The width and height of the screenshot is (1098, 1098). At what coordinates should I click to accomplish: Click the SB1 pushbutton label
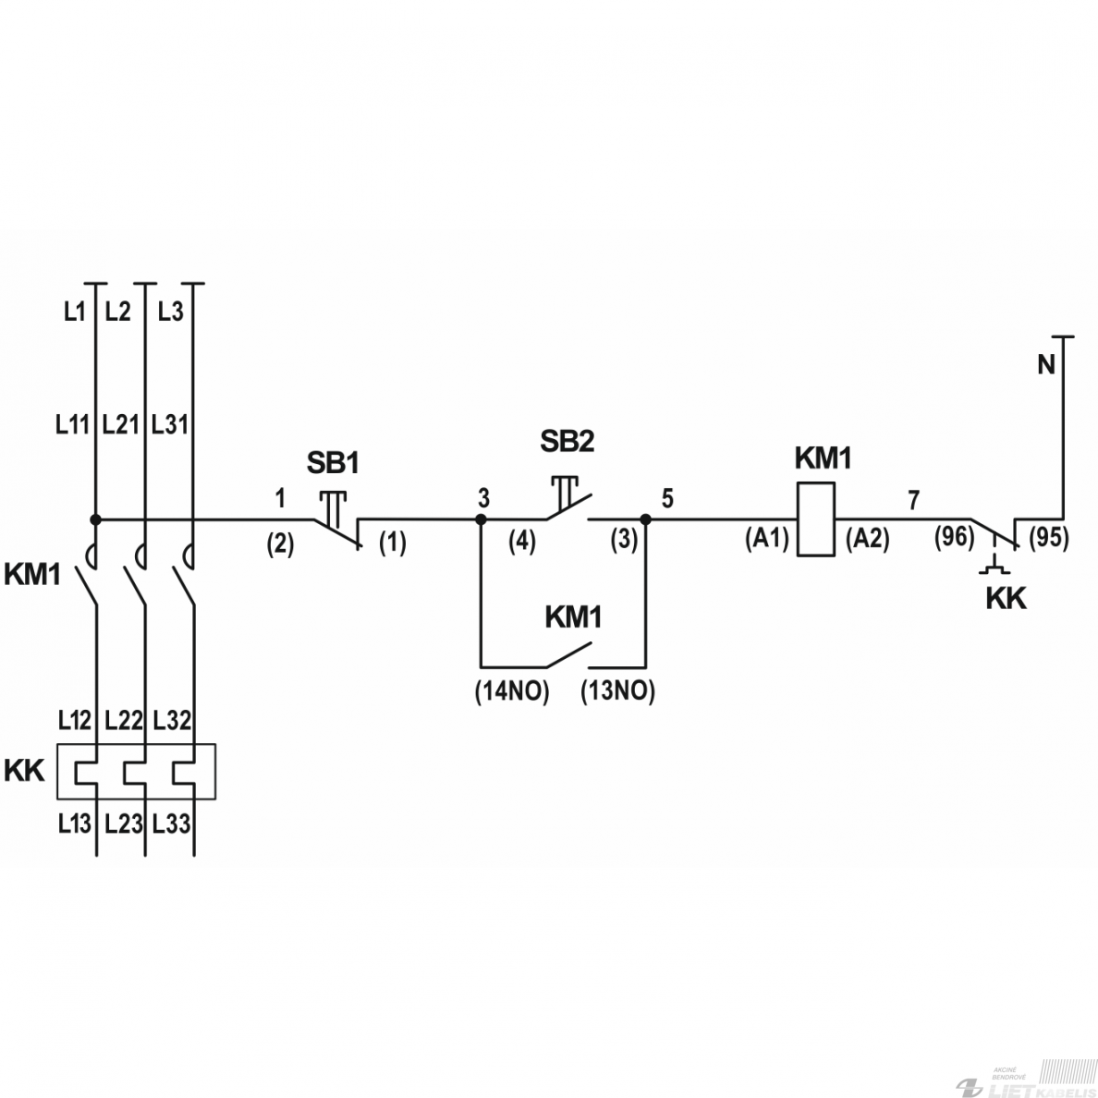pos(333,463)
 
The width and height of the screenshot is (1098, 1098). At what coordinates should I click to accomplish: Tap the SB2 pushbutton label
pos(567,441)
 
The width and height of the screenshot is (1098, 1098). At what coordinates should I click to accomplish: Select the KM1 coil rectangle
pos(816,518)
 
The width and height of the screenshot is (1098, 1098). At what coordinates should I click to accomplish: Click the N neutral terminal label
pos(1045,364)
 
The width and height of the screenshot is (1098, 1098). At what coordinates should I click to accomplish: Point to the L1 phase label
pos(74,311)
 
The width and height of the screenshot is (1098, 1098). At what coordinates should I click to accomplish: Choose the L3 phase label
pos(170,311)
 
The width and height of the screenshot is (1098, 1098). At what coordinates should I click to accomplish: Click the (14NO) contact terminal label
pos(512,691)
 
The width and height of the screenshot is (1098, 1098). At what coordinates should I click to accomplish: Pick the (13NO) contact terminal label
pos(617,691)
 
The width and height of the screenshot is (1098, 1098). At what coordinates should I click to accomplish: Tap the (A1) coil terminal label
pos(767,539)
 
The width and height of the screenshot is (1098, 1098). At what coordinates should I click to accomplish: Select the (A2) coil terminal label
pos(868,539)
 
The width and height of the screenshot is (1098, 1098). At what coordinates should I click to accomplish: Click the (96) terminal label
pos(955,537)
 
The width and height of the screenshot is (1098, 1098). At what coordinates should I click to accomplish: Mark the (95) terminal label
pos(1049,537)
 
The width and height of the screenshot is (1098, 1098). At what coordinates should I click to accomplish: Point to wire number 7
pos(913,500)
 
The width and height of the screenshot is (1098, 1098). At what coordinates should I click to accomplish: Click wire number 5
pos(667,498)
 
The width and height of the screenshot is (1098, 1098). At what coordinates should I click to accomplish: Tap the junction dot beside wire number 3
pos(482,519)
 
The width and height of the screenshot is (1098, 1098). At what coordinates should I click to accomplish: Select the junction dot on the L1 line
pos(96,519)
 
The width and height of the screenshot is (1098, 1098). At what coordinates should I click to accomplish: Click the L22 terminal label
pos(123,721)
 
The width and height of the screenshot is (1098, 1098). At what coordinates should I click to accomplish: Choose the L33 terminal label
pos(172,823)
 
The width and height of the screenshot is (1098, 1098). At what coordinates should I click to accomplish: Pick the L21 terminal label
pos(120,424)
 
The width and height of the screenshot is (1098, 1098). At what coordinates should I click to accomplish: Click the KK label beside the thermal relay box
pos(24,770)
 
